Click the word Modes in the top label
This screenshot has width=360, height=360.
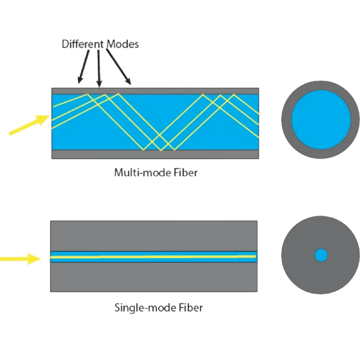123,44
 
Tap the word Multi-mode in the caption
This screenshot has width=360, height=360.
142,173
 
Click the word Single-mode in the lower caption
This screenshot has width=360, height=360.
145,308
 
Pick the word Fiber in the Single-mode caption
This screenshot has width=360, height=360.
191,308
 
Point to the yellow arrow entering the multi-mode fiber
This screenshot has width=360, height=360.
29,125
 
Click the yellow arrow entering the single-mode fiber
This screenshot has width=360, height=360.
20,259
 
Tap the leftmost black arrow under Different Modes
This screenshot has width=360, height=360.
84,67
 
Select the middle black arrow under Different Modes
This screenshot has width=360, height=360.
99,69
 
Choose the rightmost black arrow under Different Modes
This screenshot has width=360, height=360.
118,67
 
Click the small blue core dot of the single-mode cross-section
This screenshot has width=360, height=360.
321,255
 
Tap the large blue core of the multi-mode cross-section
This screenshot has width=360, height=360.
321,120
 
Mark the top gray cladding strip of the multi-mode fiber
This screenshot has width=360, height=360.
155,91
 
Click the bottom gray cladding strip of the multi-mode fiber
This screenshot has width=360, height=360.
155,154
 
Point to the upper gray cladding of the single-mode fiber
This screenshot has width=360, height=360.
154,236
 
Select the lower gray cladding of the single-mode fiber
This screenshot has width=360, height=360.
154,277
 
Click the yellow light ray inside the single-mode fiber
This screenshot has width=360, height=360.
153,257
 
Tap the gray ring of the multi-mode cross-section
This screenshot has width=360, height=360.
287,120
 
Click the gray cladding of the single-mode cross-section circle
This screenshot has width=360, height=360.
296,255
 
